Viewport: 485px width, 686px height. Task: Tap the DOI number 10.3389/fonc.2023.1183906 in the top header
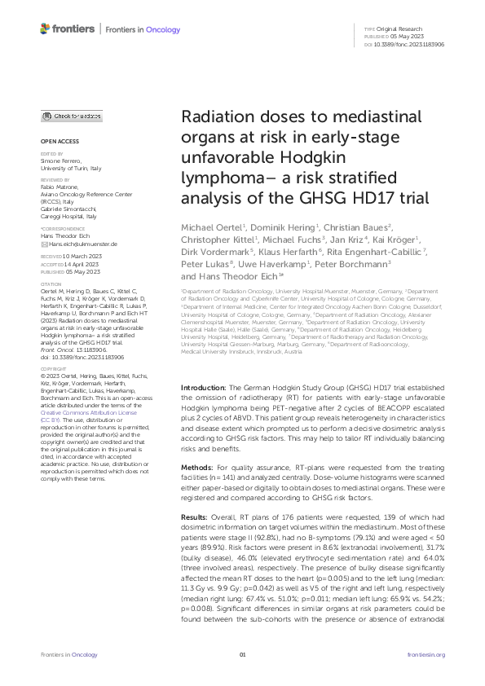[x=412, y=44]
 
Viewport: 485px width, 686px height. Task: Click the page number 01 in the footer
[x=242, y=655]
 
